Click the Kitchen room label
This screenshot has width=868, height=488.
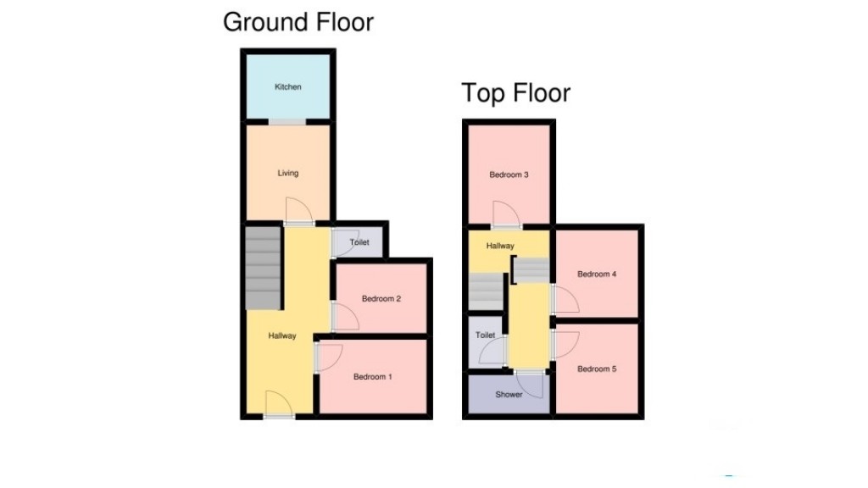287,87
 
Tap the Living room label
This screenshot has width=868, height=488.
288,174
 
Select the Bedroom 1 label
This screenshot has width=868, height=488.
373,377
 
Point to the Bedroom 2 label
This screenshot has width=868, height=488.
381,299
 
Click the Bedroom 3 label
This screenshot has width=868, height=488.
509,175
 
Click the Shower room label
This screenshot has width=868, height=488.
509,395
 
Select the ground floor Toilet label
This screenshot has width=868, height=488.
359,242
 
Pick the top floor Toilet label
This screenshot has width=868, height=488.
485,335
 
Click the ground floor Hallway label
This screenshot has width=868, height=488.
282,336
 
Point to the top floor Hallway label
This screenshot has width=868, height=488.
500,247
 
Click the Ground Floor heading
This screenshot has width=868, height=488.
298,22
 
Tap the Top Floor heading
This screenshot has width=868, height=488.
515,92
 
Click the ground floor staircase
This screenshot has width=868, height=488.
262,268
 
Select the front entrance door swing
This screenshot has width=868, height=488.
275,403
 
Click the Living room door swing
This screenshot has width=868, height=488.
297,210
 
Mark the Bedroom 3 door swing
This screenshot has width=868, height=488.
505,214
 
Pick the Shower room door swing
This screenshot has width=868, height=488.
531,386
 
